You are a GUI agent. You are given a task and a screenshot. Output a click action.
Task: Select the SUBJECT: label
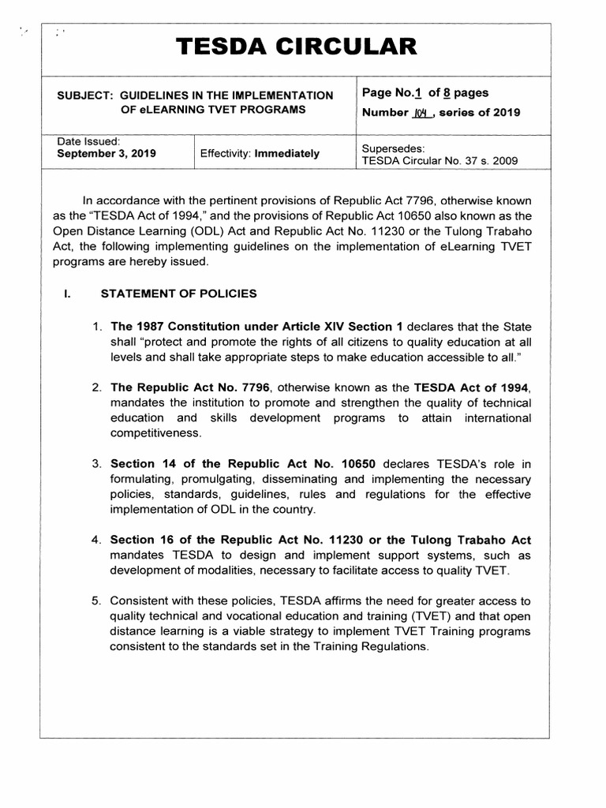[84, 95]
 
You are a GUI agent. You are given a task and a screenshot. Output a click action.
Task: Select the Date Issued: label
[88, 140]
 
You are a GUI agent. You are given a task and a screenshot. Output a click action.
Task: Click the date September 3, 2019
[107, 153]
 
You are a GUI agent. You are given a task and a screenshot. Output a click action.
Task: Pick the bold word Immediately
[286, 153]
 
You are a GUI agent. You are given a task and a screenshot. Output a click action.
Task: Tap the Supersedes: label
[393, 148]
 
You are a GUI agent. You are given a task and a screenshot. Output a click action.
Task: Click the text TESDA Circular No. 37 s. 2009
[440, 160]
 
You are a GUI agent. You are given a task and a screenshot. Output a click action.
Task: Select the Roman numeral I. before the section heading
[68, 294]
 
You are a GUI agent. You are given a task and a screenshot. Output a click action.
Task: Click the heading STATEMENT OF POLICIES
[178, 294]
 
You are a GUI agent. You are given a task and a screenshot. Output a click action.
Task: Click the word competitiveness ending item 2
[156, 432]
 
